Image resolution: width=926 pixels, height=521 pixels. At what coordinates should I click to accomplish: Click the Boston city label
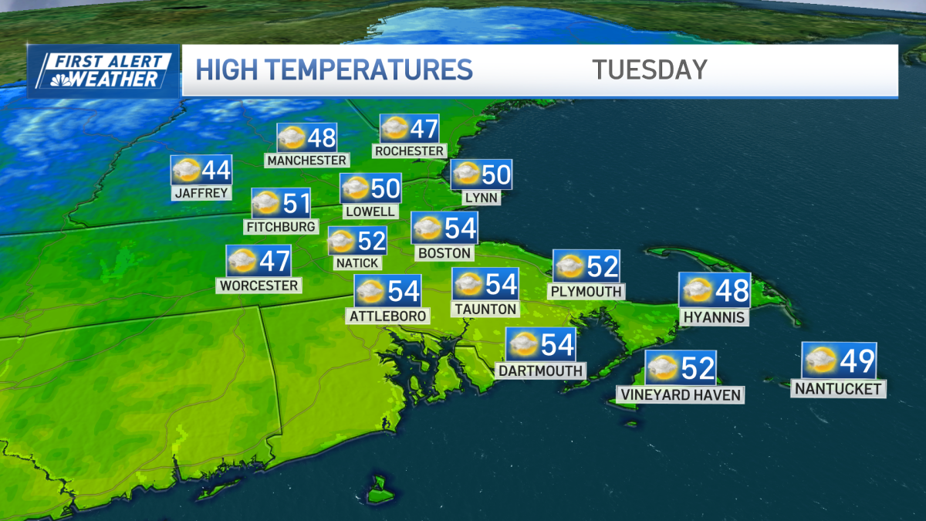point(444,252)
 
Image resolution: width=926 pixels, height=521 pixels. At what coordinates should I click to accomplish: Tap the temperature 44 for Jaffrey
point(215,169)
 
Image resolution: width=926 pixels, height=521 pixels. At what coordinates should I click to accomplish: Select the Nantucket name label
point(838,389)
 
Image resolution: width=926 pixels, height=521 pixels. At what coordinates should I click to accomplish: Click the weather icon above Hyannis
point(695,290)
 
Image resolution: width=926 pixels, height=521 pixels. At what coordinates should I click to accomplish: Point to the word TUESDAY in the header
point(650,69)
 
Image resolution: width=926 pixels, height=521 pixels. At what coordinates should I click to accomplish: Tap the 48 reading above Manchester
point(321,137)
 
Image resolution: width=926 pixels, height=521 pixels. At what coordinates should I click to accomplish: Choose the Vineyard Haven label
point(680,395)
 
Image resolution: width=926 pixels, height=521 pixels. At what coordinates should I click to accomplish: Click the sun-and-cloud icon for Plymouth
point(570,266)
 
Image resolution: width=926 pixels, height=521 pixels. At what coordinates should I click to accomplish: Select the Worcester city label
point(259,286)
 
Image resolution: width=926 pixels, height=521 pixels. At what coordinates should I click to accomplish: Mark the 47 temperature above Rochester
point(424,128)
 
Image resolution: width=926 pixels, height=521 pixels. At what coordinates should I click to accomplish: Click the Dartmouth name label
point(540,370)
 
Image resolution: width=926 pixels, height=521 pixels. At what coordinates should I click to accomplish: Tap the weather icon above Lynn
point(466,175)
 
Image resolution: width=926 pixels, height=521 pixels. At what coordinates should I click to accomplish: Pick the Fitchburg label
point(281,227)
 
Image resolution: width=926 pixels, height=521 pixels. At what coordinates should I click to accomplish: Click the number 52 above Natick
point(371,241)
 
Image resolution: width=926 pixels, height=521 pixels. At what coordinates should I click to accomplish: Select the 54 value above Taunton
point(501,284)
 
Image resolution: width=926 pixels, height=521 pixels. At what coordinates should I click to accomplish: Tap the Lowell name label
point(370,211)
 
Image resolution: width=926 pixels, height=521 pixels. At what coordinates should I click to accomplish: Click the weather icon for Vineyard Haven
point(662,368)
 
